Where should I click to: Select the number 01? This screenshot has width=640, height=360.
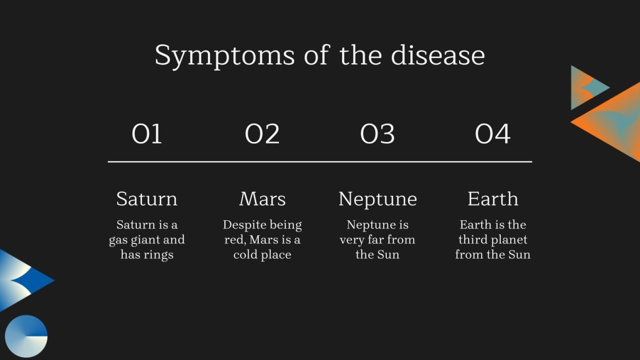point(147,134)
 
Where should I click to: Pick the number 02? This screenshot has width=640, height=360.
point(262,134)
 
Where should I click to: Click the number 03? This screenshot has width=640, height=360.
point(377,134)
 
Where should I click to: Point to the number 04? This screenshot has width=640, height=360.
point(493,134)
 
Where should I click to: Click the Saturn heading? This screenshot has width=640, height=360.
point(147,199)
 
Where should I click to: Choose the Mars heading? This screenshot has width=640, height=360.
point(262,199)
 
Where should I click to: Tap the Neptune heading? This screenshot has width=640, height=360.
point(377,199)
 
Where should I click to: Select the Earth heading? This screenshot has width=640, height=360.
point(493,199)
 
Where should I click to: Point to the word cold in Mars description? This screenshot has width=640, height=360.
point(243,255)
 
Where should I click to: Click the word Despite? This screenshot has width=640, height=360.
point(243,225)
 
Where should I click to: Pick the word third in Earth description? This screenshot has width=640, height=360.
point(472,240)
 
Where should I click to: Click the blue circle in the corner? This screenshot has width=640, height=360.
point(26,336)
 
